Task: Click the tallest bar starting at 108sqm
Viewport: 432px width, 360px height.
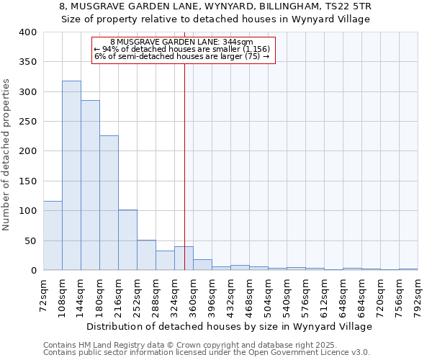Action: (71, 176)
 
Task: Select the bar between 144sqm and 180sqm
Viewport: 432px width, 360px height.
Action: (90, 185)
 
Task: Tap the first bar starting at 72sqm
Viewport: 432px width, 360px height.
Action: (53, 235)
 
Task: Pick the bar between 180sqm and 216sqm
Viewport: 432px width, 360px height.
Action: (109, 203)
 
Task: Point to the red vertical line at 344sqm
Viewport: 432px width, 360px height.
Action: (185, 166)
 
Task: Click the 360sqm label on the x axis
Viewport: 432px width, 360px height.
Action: (193, 295)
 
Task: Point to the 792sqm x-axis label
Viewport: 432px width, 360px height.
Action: (418, 295)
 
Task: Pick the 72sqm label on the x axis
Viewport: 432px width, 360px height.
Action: (43, 295)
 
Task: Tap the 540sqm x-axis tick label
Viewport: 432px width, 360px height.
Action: (287, 295)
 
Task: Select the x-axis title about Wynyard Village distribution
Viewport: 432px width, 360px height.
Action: (230, 326)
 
